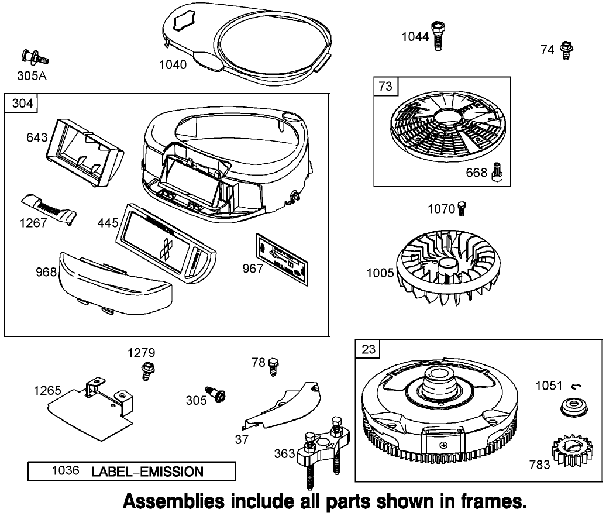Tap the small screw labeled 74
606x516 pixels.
(565, 50)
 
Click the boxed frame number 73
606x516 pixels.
(385, 87)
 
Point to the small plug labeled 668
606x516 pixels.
(498, 173)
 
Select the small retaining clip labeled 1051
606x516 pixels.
(574, 386)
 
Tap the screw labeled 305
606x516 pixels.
(217, 395)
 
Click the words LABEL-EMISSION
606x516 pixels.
(147, 472)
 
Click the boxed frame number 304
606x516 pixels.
(21, 104)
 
